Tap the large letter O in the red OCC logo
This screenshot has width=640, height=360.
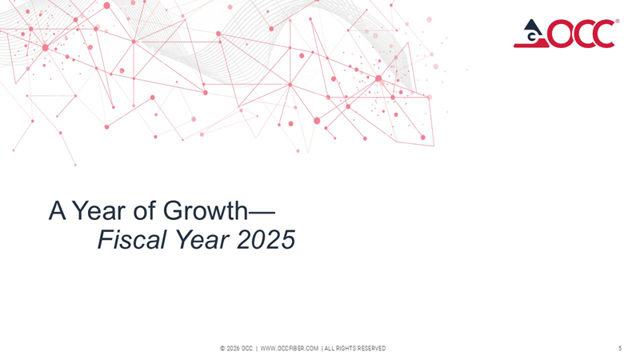click(558, 34)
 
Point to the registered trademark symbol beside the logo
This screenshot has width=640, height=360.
click(617, 22)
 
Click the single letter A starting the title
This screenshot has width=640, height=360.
click(56, 211)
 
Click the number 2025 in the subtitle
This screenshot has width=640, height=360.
click(265, 239)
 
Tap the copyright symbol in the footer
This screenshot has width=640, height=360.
click(222, 349)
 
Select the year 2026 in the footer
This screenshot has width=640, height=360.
click(234, 349)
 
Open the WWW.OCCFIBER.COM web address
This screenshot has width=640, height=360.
click(290, 349)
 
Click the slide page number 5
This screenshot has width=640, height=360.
click(620, 348)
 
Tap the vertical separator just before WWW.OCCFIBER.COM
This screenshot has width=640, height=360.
click(256, 349)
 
